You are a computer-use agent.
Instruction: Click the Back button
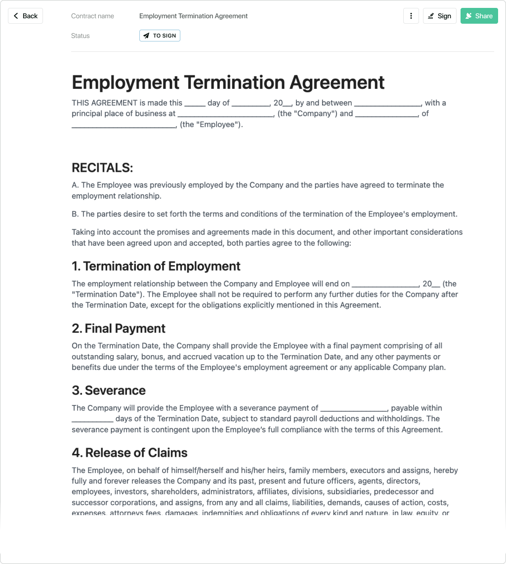click(x=25, y=16)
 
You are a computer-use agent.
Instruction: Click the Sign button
click(x=439, y=16)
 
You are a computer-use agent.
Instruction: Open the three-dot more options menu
click(x=411, y=16)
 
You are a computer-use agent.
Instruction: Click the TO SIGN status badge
click(x=160, y=36)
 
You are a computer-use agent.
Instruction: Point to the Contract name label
click(x=92, y=16)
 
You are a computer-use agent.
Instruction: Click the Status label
click(x=81, y=36)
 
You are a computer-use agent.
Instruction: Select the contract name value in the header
click(x=193, y=16)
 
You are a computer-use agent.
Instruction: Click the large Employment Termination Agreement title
click(x=228, y=82)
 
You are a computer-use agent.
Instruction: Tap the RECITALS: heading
click(x=102, y=168)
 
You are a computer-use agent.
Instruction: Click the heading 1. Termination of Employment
click(x=156, y=266)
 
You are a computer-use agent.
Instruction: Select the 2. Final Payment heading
click(x=119, y=328)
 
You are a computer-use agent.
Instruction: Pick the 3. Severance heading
click(x=109, y=391)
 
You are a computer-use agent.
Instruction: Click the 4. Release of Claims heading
click(x=129, y=453)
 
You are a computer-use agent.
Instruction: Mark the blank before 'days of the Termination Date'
click(x=92, y=419)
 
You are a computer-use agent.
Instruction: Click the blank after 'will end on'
click(x=385, y=284)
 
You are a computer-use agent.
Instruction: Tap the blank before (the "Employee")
click(x=124, y=125)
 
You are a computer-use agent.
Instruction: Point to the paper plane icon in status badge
click(x=146, y=36)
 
